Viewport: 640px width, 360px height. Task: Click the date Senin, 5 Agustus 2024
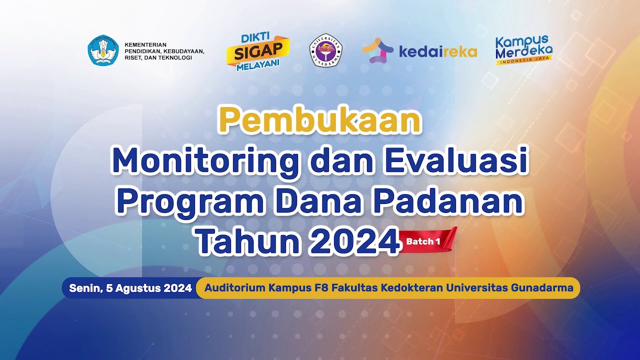pyautogui.click(x=130, y=288)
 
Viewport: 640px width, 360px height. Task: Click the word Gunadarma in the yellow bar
pyautogui.click(x=544, y=288)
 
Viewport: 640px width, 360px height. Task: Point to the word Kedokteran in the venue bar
pyautogui.click(x=411, y=288)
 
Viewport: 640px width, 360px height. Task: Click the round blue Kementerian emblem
pyautogui.click(x=103, y=50)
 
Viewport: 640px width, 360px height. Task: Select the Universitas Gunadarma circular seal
pyautogui.click(x=325, y=50)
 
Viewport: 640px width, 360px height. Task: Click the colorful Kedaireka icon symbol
pyautogui.click(x=378, y=50)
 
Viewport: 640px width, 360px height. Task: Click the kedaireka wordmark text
pyautogui.click(x=437, y=51)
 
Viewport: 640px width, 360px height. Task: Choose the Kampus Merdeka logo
pyautogui.click(x=523, y=50)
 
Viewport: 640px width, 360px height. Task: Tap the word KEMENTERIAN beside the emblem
pyautogui.click(x=145, y=45)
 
